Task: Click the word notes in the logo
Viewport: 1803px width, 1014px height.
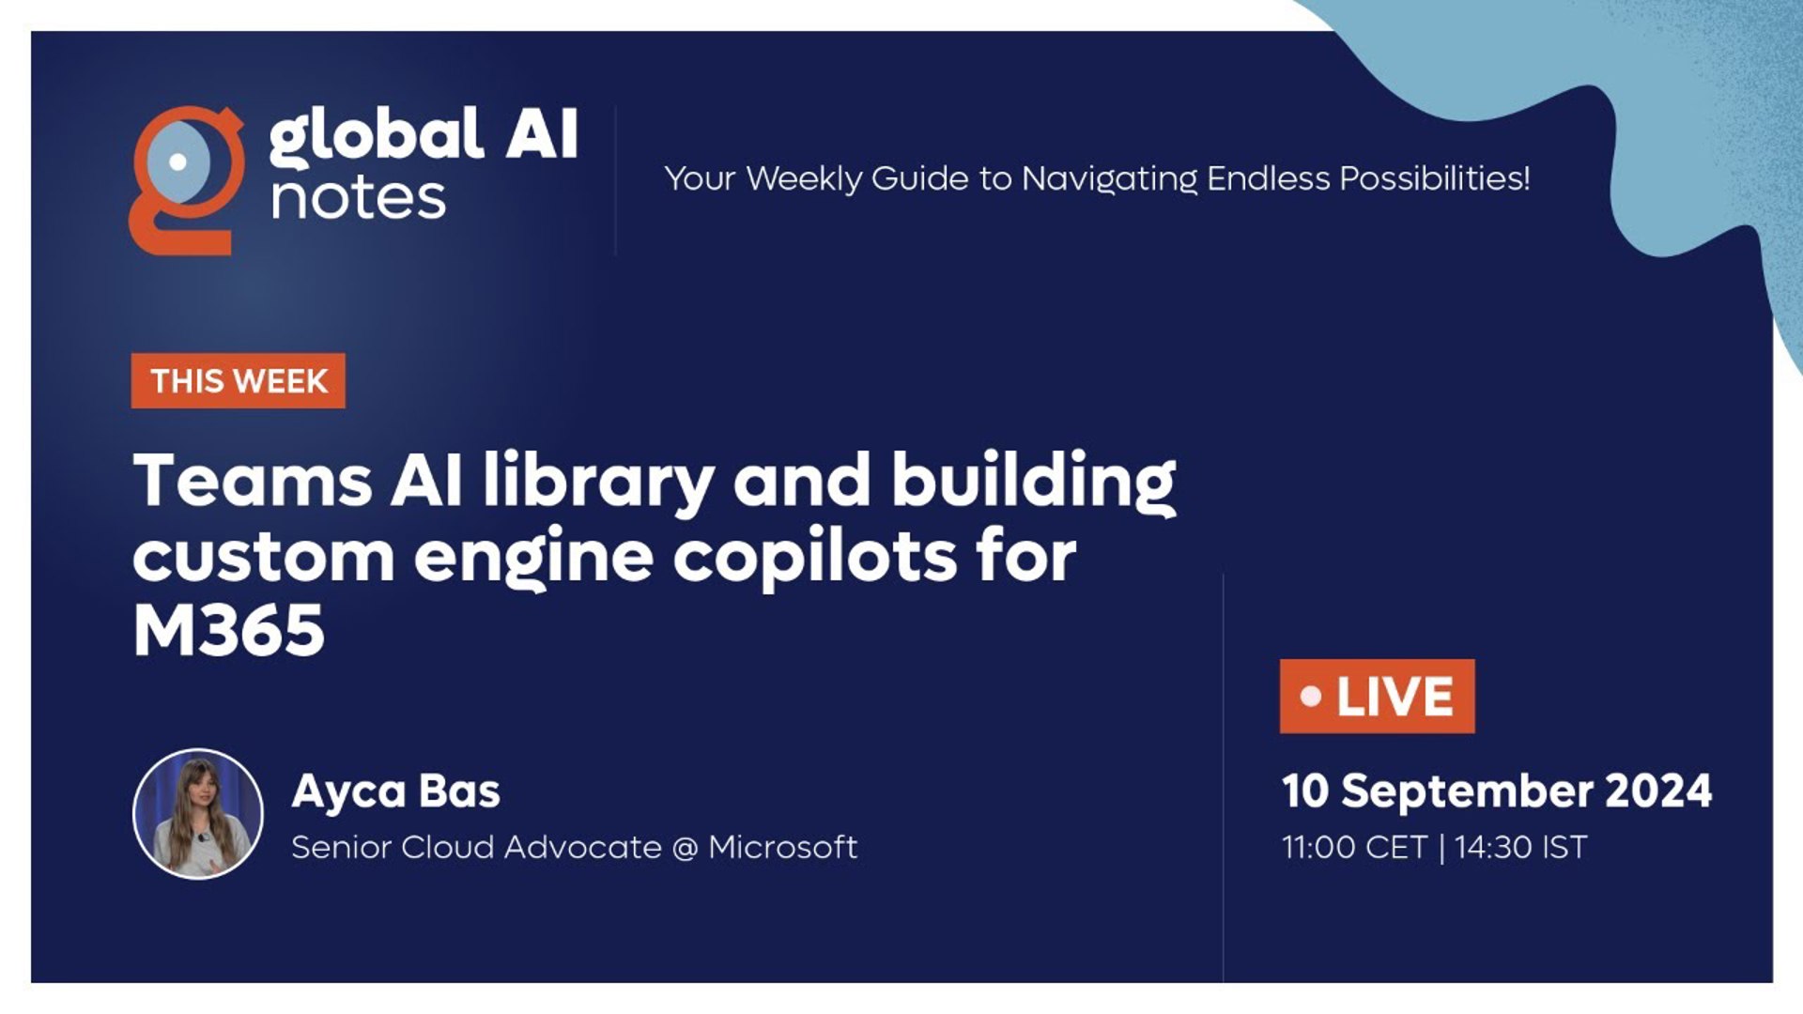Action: click(358, 199)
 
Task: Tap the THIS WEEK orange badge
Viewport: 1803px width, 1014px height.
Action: click(239, 381)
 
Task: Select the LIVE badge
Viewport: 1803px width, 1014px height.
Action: click(1377, 697)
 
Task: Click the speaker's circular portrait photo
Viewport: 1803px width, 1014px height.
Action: click(198, 814)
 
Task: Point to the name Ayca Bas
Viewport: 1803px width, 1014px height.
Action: click(395, 791)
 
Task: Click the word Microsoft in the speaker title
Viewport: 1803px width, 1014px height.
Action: click(782, 847)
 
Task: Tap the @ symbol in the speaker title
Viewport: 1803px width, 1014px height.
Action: click(686, 848)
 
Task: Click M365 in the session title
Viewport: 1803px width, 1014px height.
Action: click(228, 630)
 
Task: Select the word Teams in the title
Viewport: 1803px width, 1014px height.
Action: click(253, 480)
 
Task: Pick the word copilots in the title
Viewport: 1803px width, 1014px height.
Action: click(815, 559)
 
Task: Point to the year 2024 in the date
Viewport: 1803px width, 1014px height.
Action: click(1658, 791)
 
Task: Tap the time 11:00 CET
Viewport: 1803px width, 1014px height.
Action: click(1355, 848)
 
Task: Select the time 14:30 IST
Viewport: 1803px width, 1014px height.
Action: click(1521, 848)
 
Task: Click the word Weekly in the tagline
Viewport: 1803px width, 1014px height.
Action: click(804, 179)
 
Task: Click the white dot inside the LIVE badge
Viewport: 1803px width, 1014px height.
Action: click(1311, 697)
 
